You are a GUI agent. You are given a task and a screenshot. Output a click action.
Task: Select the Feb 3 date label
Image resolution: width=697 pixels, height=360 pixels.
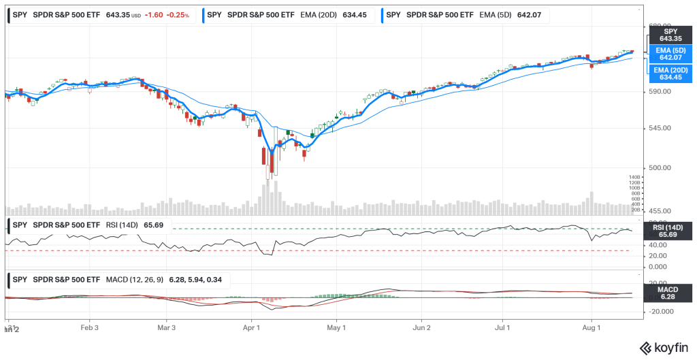coord(90,327)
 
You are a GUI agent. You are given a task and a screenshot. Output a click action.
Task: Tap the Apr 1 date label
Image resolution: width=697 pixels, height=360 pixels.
coord(252,327)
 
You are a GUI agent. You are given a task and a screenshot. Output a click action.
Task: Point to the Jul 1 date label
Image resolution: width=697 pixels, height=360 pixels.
coord(503,327)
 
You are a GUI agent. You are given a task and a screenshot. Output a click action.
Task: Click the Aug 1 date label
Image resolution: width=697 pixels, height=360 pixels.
coord(591,327)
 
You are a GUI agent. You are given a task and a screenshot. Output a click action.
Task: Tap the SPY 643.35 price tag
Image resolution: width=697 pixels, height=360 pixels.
coord(670,35)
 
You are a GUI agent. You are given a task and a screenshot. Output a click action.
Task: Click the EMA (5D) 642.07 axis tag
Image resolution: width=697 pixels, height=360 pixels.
coord(670,54)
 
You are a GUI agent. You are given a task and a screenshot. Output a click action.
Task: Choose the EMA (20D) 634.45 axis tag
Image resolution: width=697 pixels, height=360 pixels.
coord(670,73)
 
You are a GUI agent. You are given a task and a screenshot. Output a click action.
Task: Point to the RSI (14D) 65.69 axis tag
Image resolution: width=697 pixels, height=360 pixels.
coord(670,231)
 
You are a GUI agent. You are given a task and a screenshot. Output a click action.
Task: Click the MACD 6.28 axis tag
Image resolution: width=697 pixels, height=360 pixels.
coord(670,293)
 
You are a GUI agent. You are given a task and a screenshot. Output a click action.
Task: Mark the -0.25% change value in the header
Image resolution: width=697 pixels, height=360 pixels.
coord(177,14)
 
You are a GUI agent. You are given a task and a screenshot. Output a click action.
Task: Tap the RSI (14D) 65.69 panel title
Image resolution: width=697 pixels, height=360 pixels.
coord(88,225)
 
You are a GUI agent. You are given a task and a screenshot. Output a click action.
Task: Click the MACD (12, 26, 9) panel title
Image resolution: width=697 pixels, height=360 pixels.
coord(120,279)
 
